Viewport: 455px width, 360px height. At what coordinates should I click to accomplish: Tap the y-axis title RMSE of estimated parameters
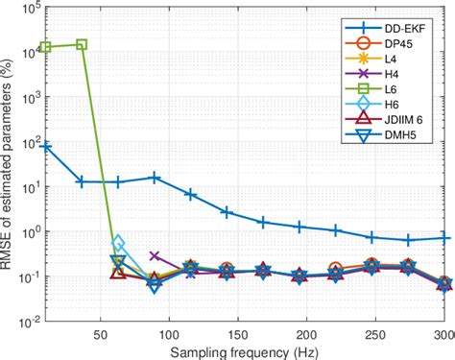[x=12, y=163]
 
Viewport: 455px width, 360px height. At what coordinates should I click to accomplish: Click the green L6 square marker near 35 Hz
[x=82, y=44]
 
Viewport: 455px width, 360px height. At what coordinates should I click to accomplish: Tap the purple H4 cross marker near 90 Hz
[x=155, y=256]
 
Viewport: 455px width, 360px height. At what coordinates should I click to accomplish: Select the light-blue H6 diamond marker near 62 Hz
[x=118, y=243]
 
